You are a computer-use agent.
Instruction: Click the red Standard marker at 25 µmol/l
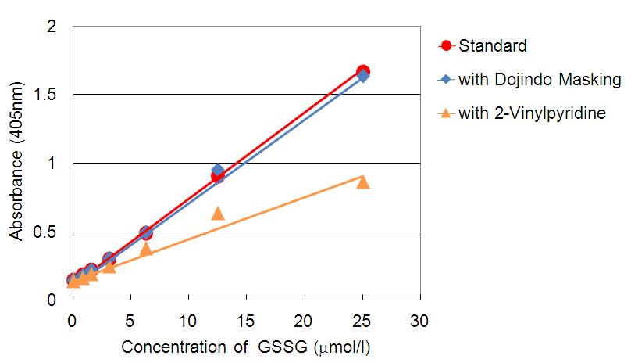[x=363, y=72]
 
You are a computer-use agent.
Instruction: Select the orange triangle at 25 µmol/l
[x=363, y=181]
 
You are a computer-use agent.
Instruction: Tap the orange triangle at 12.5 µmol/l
[x=218, y=213]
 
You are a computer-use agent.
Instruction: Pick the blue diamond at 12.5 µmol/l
[x=218, y=171]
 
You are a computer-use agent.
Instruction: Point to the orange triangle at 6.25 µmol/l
[x=145, y=249]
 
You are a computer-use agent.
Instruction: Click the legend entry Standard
[x=492, y=45]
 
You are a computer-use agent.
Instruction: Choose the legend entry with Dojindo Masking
[x=539, y=79]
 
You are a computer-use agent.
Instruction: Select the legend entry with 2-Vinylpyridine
[x=532, y=113]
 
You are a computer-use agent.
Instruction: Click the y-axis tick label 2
[x=52, y=27]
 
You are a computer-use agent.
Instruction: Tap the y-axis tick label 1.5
[x=46, y=95]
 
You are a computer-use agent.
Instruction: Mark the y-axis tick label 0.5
[x=46, y=232]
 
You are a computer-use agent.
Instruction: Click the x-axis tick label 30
[x=420, y=321]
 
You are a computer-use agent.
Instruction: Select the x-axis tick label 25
[x=362, y=321]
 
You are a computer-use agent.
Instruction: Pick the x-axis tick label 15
[x=246, y=321]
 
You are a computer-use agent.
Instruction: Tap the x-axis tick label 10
[x=188, y=321]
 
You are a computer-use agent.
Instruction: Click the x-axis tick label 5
[x=130, y=321]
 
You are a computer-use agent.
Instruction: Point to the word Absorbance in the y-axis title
[x=16, y=201]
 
